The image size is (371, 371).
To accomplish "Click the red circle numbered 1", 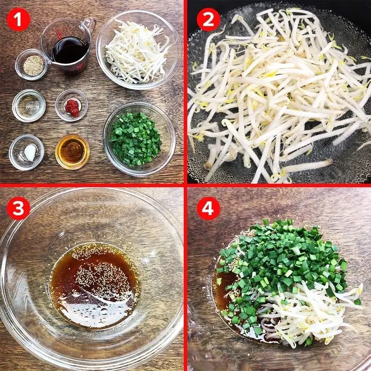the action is tap(19, 20).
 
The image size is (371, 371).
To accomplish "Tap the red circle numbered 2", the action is tap(208, 20).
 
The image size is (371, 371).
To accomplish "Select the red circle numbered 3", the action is tap(19, 208).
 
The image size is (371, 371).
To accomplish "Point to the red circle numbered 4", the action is tap(208, 208).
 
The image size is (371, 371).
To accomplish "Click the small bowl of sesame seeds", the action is tap(32, 64).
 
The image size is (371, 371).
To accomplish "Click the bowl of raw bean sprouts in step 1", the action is tap(139, 50).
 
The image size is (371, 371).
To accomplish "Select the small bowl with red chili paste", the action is tap(72, 105).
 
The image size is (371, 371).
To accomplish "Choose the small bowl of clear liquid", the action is tap(29, 105).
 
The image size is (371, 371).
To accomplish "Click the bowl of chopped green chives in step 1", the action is tap(139, 139).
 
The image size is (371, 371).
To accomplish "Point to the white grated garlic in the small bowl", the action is tap(30, 152).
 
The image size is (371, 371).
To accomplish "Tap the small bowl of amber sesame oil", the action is tap(73, 152).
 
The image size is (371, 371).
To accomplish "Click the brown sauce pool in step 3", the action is tap(94, 285).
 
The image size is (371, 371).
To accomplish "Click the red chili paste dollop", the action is tap(72, 108).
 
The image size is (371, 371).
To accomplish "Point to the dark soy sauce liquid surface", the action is tap(70, 50).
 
